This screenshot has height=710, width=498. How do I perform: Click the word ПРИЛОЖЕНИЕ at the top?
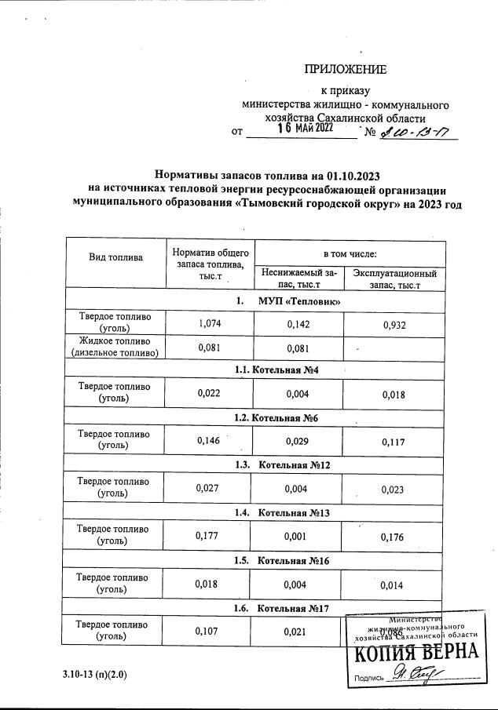[x=346, y=70]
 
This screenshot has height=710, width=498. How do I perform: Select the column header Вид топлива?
[x=115, y=257]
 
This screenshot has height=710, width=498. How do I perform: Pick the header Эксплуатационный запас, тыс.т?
[x=394, y=279]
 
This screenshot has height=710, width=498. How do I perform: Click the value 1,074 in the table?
[x=210, y=322]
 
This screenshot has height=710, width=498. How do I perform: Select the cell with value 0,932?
[x=394, y=322]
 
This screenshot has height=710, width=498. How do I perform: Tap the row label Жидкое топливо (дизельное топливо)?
[x=115, y=347]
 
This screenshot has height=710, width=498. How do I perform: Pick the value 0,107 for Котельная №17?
[x=210, y=632]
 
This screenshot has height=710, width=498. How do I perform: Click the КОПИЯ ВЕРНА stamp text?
[x=413, y=652]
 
